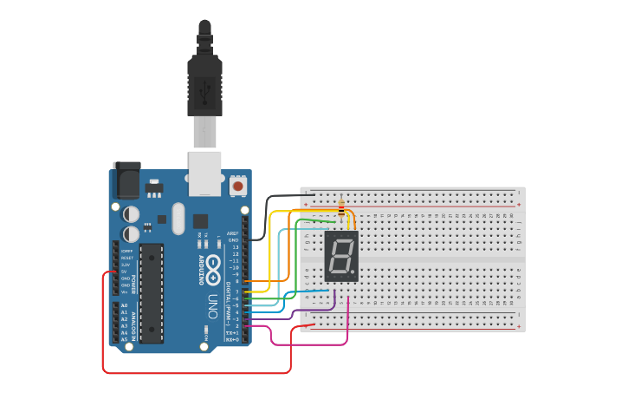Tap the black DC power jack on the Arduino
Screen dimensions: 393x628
[x=127, y=181]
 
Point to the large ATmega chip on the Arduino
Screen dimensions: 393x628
[x=151, y=292]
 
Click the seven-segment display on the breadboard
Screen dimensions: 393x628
[x=341, y=256]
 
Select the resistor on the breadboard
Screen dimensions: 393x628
[x=341, y=208]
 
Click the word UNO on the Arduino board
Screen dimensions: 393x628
[x=213, y=307]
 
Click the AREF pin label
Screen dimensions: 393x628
[x=232, y=233]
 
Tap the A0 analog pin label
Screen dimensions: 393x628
[x=124, y=306]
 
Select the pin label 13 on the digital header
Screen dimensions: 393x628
[x=235, y=247]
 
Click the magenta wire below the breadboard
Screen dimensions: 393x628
[x=312, y=344]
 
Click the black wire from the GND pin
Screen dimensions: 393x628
[x=269, y=208]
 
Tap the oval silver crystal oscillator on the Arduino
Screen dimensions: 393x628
[x=178, y=218]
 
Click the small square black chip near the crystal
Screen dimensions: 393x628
[x=200, y=220]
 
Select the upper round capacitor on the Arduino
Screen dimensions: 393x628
[x=131, y=213]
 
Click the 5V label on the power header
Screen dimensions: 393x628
[x=124, y=272]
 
